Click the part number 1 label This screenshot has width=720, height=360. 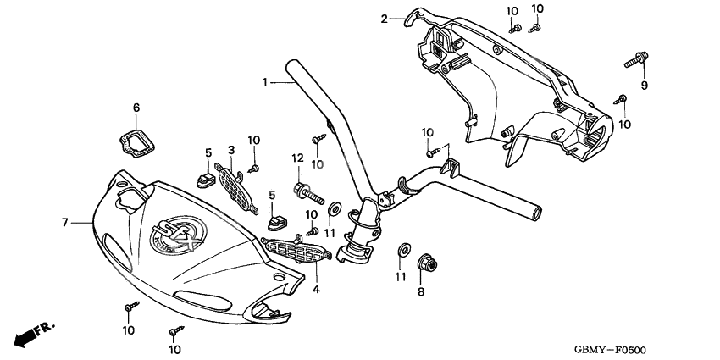264,82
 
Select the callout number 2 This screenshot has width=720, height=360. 384,18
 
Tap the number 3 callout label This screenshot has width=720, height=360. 230,150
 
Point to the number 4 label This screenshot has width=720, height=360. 318,289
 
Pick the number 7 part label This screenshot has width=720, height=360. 64,222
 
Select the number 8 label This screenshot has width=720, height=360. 420,292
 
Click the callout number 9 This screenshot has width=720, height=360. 643,86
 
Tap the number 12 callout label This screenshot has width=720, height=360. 297,158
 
